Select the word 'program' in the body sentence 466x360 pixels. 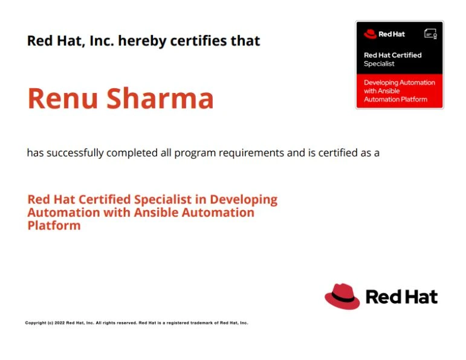click(198, 153)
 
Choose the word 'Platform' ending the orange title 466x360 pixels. click(54, 226)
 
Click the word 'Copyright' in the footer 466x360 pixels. click(36, 323)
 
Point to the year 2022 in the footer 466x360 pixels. click(59, 323)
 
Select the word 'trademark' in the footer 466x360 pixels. click(198, 323)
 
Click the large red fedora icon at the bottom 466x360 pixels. click(342, 296)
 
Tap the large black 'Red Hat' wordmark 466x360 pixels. click(401, 297)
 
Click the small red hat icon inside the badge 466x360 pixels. click(370, 34)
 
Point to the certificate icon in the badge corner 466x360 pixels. click(430, 34)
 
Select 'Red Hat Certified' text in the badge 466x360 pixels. click(392, 55)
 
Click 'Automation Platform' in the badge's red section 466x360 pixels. click(395, 99)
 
